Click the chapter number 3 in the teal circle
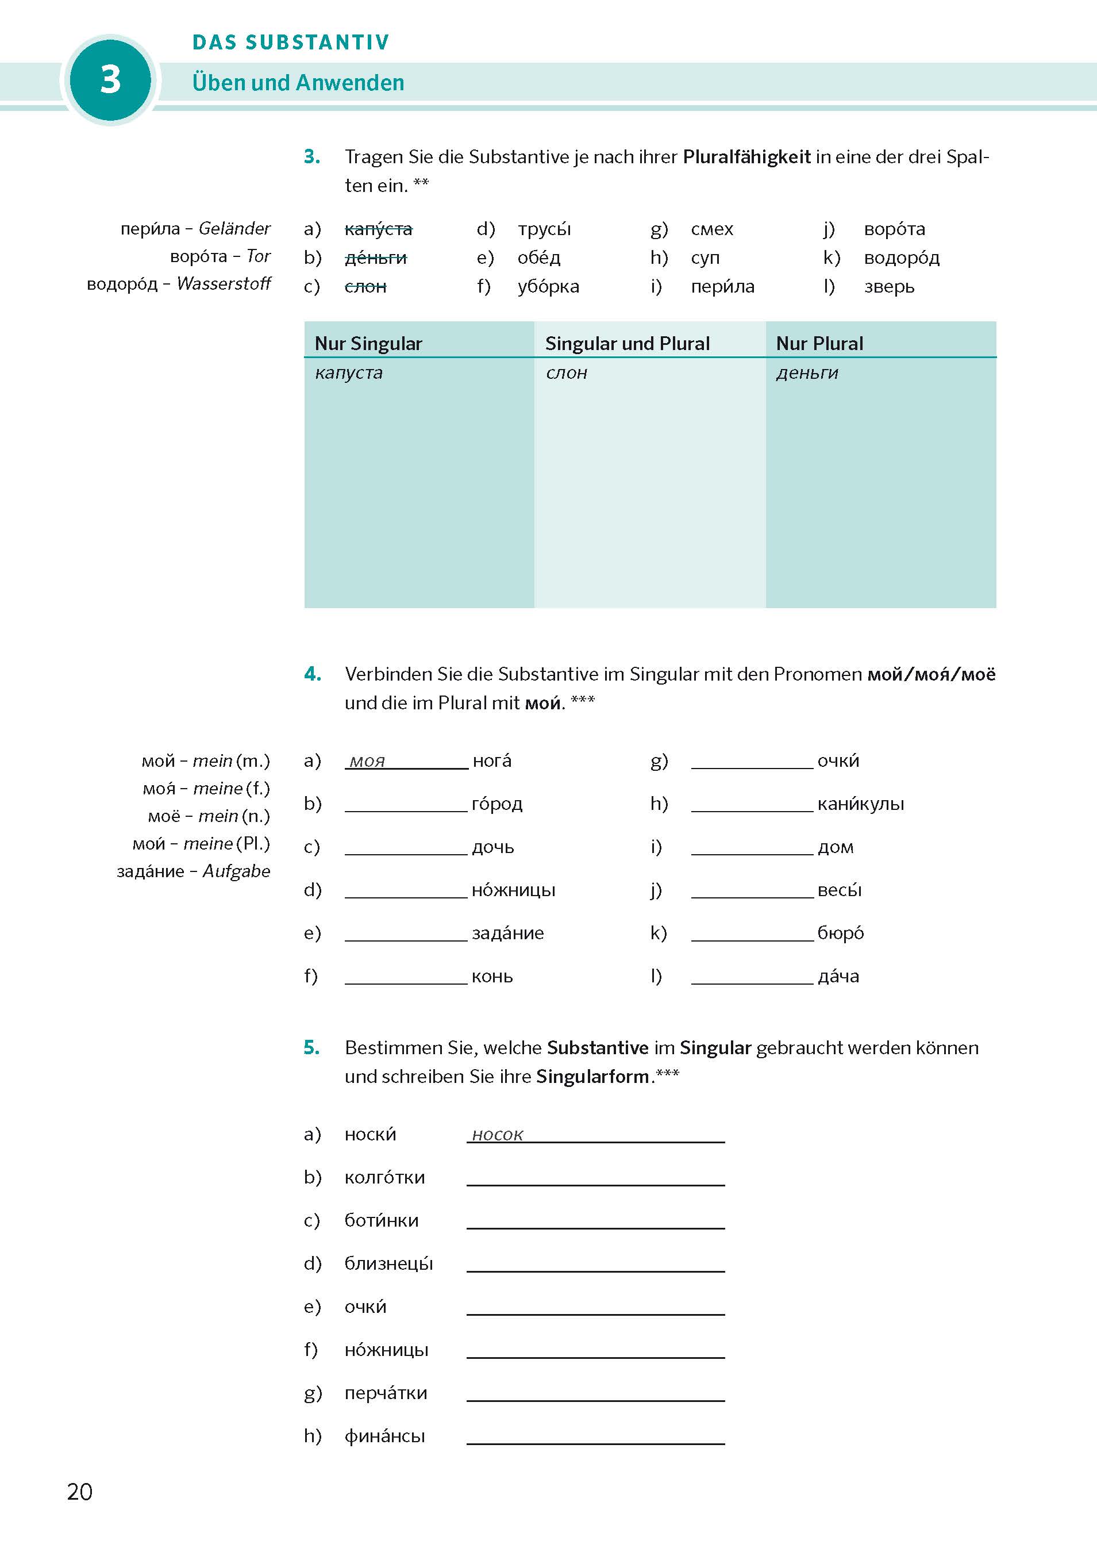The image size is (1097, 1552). (110, 80)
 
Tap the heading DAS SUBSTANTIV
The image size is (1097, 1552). (291, 43)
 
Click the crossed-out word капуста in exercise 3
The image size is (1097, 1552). (379, 229)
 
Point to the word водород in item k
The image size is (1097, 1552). (902, 258)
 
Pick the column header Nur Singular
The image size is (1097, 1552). (368, 343)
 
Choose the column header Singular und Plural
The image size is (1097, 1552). (628, 343)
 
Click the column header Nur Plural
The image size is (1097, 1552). (819, 343)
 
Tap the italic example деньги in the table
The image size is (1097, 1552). (807, 373)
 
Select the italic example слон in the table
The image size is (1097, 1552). (567, 373)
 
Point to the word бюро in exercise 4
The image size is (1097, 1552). (840, 933)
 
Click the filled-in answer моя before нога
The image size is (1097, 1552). (367, 762)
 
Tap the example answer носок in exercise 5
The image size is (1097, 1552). (498, 1135)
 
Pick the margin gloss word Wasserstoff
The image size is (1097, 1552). (224, 284)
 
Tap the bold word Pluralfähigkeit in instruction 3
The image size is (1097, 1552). (746, 157)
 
